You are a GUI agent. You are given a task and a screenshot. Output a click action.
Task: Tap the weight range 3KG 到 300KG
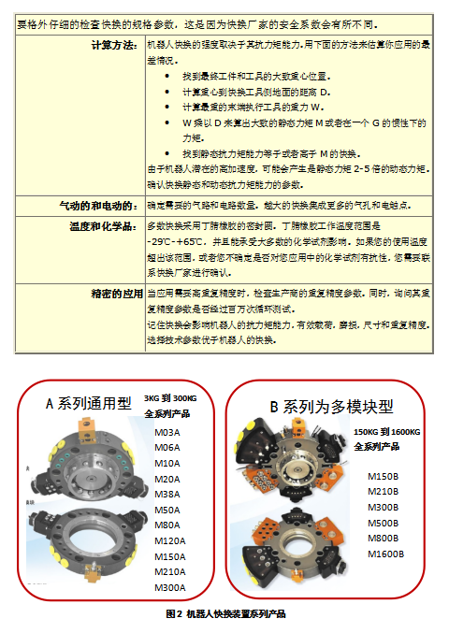tap(173, 398)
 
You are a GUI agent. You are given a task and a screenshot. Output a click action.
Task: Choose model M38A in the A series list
tap(167, 495)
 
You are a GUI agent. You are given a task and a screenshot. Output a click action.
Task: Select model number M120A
tap(170, 540)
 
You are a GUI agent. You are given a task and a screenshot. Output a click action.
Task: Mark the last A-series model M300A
tap(170, 587)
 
